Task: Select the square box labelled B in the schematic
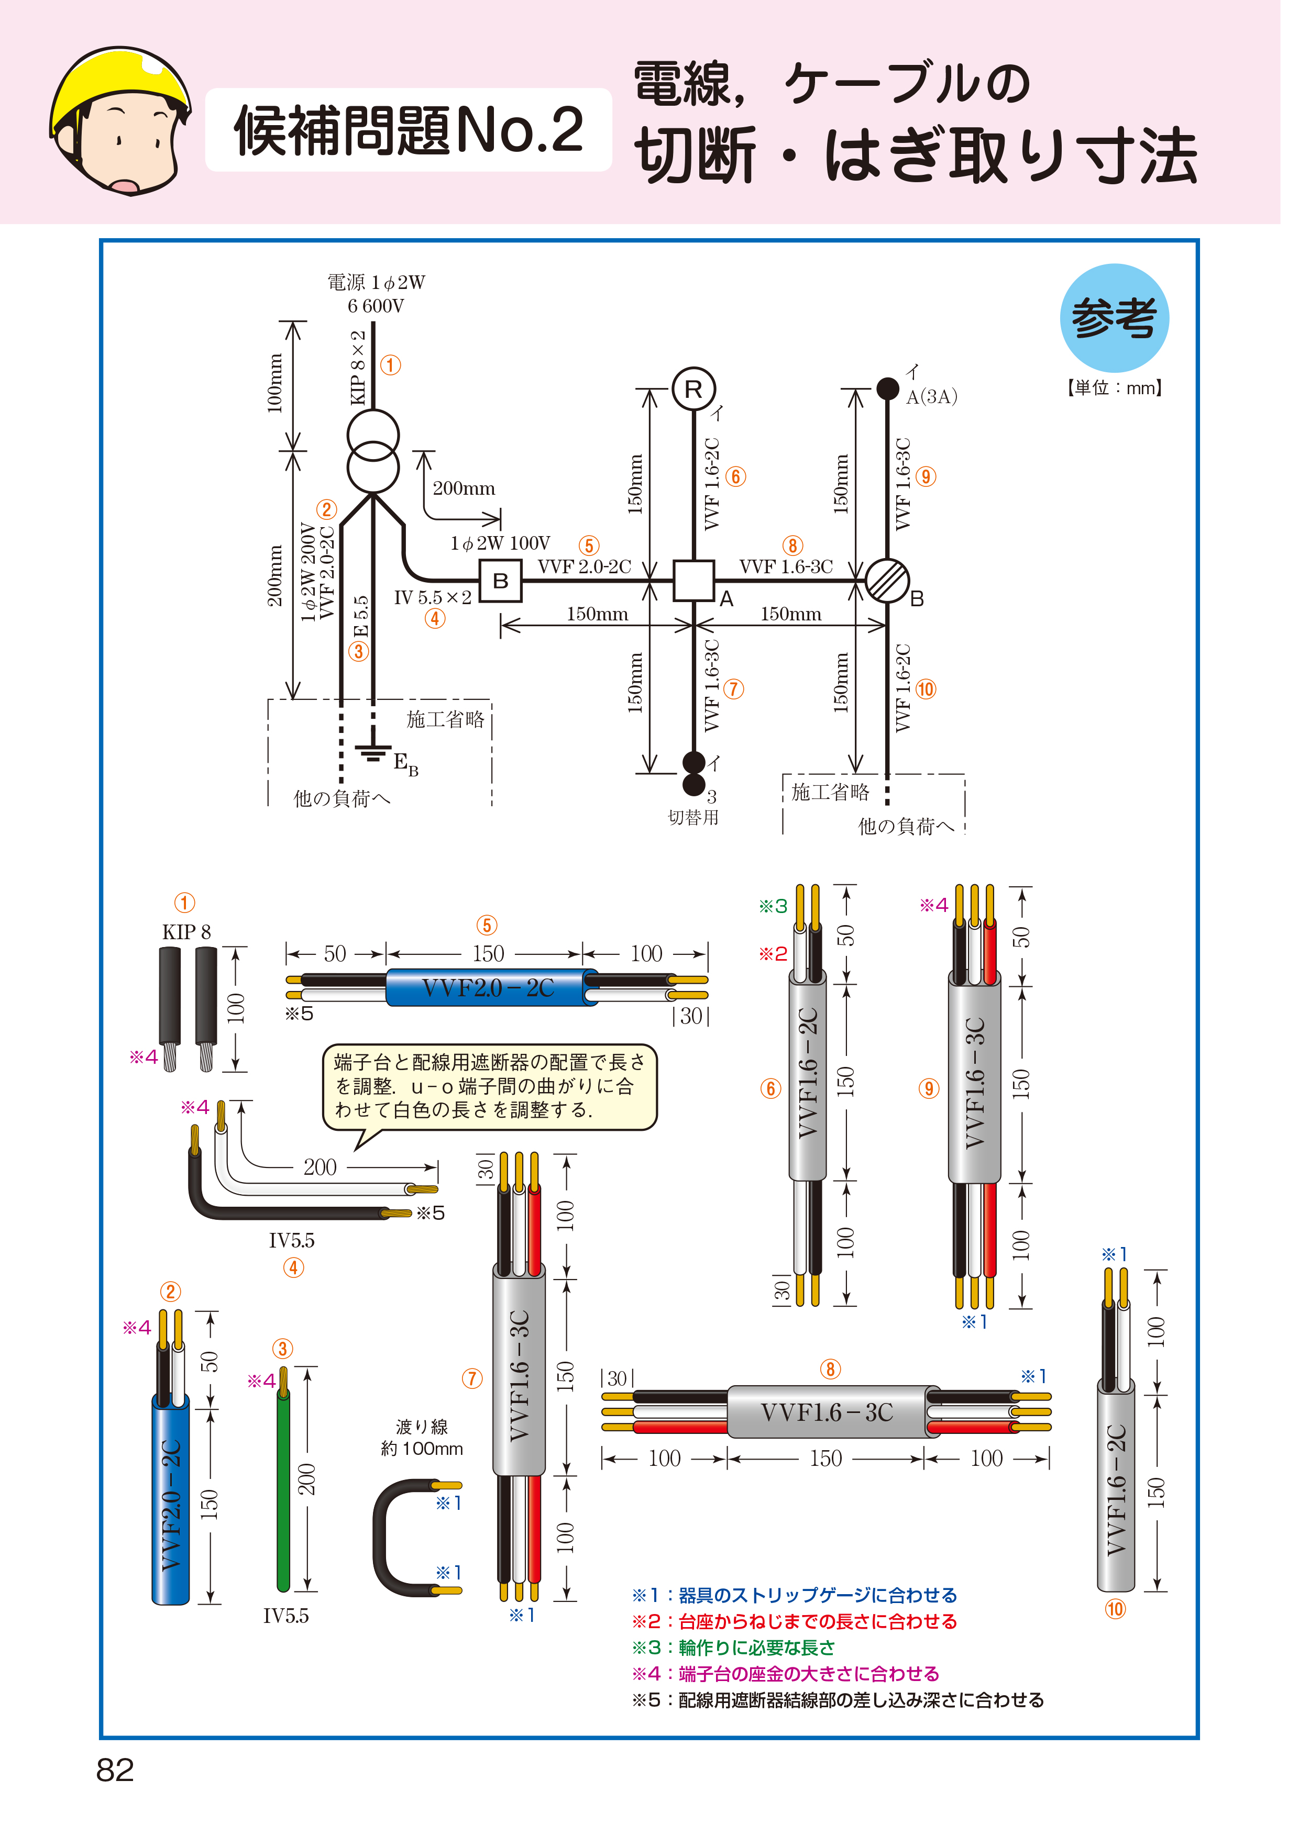[x=501, y=581]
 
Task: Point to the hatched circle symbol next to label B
[x=887, y=581]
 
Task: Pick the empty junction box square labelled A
[x=692, y=581]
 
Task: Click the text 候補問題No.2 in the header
[x=409, y=130]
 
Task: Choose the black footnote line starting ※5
[x=838, y=1700]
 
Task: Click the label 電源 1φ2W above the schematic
[x=376, y=282]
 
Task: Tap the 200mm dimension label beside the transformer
[x=464, y=488]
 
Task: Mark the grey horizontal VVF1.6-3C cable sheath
[x=827, y=1412]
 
